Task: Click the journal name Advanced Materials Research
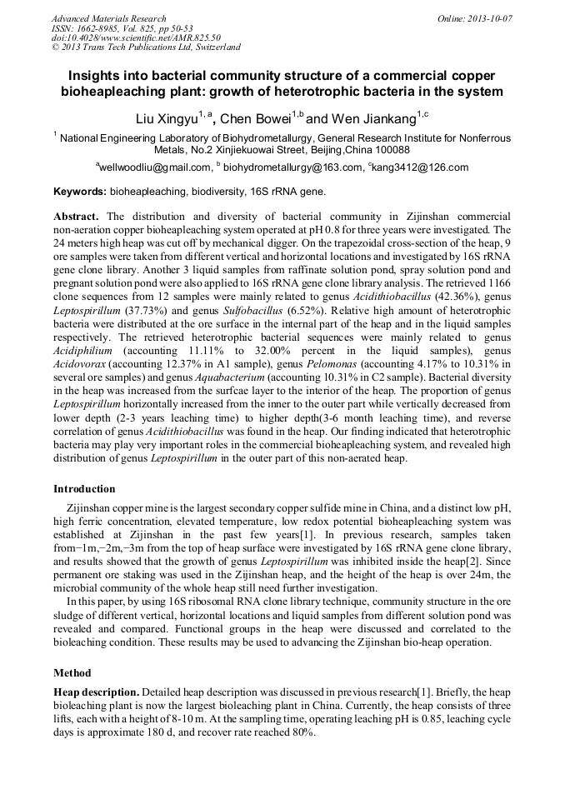(x=108, y=18)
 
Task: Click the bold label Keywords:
(x=80, y=192)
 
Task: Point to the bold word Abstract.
(x=77, y=215)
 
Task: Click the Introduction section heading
(x=84, y=488)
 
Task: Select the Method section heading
(x=72, y=672)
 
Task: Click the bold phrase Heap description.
(x=96, y=692)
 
